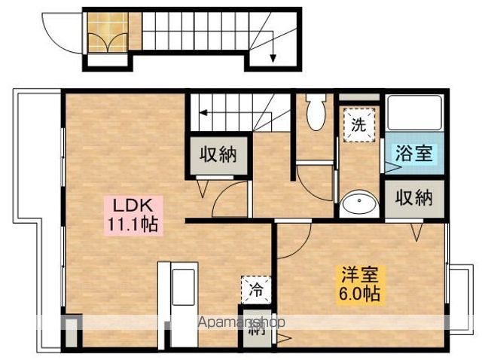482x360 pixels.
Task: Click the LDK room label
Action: click(133, 205)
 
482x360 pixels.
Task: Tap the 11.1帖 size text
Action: click(133, 224)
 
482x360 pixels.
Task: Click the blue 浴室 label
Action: click(413, 153)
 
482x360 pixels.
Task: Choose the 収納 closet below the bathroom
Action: click(413, 199)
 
